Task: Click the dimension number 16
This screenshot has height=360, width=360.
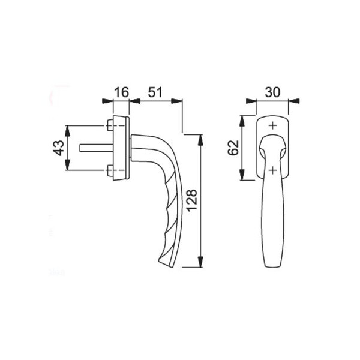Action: [x=121, y=92]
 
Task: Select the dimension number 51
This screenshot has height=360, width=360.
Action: [x=155, y=92]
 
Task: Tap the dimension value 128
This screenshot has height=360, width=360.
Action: [x=191, y=200]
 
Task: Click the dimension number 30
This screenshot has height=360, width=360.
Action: [x=272, y=92]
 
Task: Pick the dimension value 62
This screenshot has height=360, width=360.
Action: [x=233, y=148]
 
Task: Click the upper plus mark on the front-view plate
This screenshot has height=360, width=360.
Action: [x=273, y=125]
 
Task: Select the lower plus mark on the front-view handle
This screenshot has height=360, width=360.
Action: [x=272, y=170]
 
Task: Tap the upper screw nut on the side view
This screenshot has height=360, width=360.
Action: [x=110, y=125]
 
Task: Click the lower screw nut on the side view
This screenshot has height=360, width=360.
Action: [x=110, y=170]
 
